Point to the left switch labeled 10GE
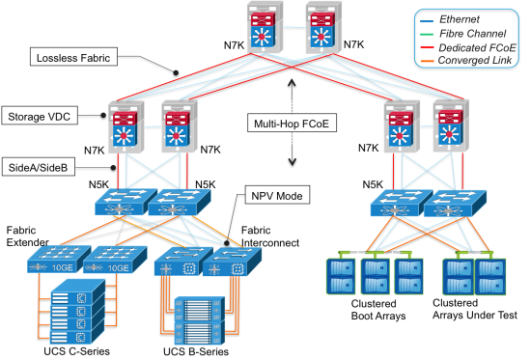coord(54,261)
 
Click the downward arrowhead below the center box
coord(291,162)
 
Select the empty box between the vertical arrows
coord(291,123)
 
